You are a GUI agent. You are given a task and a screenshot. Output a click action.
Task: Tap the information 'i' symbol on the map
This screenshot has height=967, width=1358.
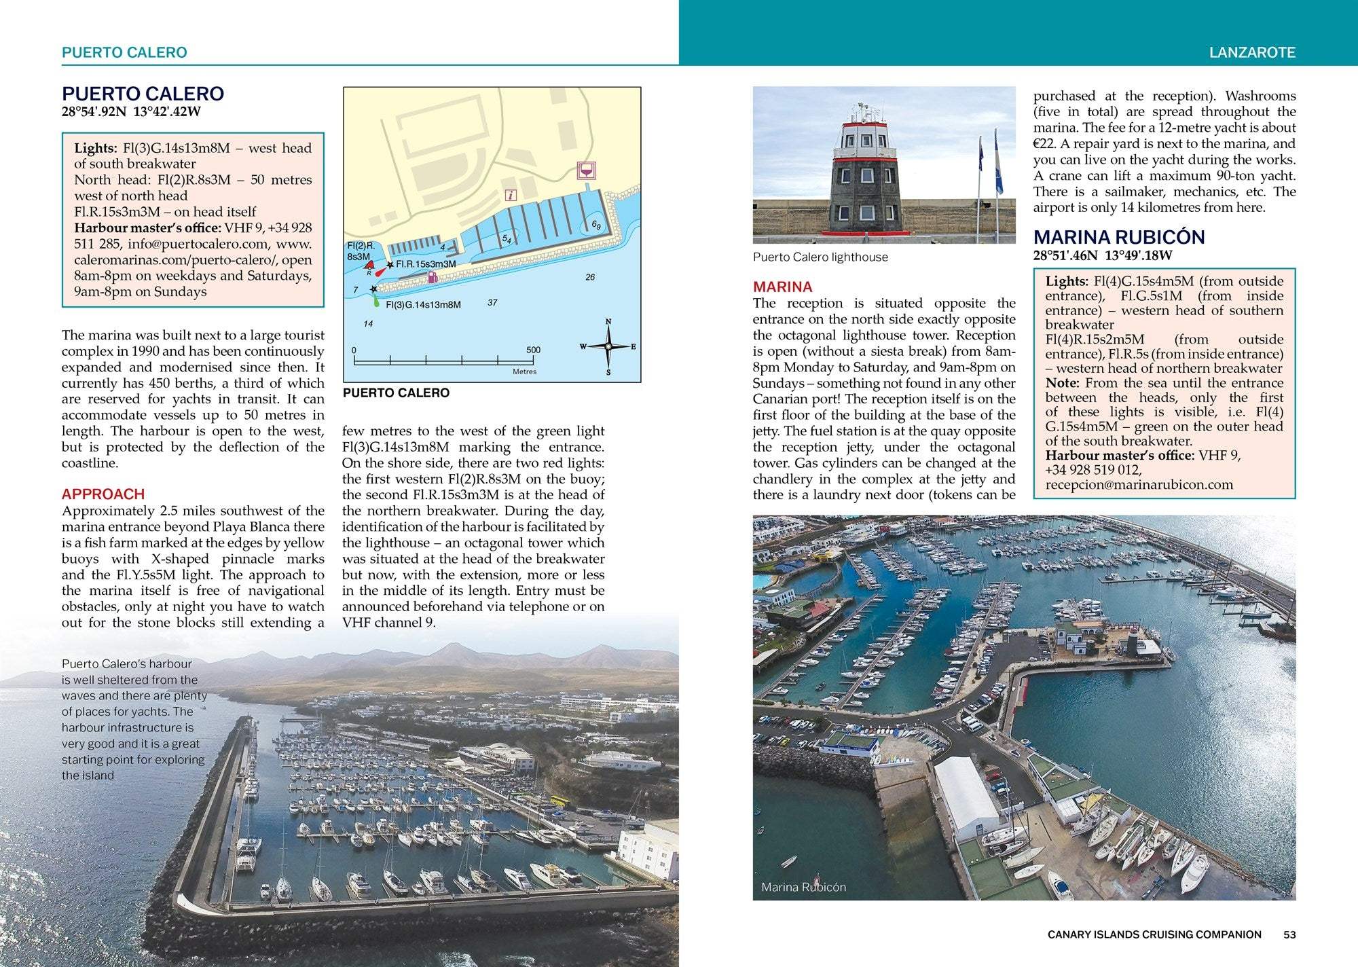(x=511, y=196)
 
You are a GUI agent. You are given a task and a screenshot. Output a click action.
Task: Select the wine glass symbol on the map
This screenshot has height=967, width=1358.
(x=585, y=170)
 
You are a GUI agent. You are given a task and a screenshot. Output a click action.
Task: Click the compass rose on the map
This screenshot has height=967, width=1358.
(x=608, y=346)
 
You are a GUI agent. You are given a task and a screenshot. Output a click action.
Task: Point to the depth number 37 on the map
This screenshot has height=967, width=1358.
(x=492, y=303)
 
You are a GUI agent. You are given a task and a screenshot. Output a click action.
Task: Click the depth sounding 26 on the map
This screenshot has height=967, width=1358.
(x=590, y=277)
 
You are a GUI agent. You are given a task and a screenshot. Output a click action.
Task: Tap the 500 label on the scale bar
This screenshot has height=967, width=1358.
(x=533, y=350)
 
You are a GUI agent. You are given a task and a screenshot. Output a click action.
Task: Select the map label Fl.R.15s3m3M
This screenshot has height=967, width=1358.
(x=426, y=264)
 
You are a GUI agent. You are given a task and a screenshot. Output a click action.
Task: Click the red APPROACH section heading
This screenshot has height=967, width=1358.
(x=103, y=494)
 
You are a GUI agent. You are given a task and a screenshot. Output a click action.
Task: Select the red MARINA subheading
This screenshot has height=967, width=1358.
(x=782, y=287)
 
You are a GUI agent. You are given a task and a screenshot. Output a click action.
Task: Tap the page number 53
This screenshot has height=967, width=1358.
(x=1289, y=934)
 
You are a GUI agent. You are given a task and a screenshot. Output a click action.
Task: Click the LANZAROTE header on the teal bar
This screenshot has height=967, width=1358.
(x=1252, y=52)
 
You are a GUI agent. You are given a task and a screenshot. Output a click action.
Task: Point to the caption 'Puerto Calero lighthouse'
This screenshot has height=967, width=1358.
(x=820, y=257)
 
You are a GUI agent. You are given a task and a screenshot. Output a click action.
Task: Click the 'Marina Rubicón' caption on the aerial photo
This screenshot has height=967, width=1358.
(x=803, y=887)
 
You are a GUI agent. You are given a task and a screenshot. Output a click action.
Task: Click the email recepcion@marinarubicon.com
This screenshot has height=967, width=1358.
(x=1139, y=484)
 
